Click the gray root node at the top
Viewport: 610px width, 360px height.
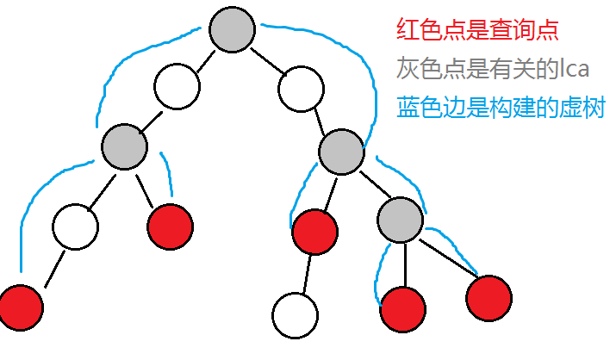coord(229,29)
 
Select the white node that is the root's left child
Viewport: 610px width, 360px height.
coord(177,86)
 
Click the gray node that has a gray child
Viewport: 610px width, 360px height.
coord(341,151)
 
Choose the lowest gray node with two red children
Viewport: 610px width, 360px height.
coord(401,218)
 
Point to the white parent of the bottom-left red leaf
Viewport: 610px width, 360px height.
coord(75,226)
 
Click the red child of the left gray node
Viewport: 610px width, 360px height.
coord(171,227)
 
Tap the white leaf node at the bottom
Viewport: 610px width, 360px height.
coord(295,315)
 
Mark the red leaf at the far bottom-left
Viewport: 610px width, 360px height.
coord(20,307)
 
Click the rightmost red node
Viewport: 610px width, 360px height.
coord(489,298)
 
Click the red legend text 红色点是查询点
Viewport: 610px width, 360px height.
coord(477,30)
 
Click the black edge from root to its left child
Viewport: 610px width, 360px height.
coord(202,59)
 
